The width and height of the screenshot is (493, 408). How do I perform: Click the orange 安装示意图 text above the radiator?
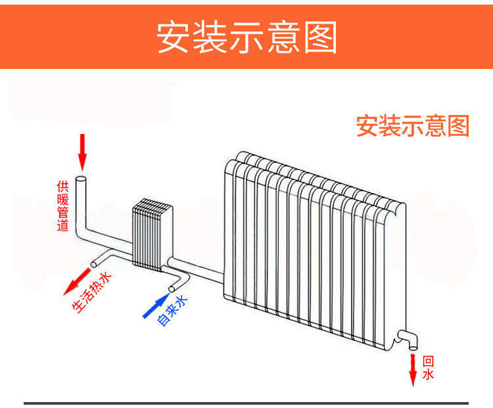413,125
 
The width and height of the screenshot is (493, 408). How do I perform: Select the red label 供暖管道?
62,206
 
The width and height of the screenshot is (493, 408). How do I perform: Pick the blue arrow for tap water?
154,306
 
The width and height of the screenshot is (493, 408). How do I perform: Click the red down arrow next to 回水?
413,370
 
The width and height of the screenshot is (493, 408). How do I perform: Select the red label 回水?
428,368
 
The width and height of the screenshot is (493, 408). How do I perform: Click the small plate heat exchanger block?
152,235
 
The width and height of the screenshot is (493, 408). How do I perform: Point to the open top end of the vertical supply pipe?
82,179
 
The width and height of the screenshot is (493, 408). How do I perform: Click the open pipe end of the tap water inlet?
173,288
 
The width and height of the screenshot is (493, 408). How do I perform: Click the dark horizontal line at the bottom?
246,403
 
